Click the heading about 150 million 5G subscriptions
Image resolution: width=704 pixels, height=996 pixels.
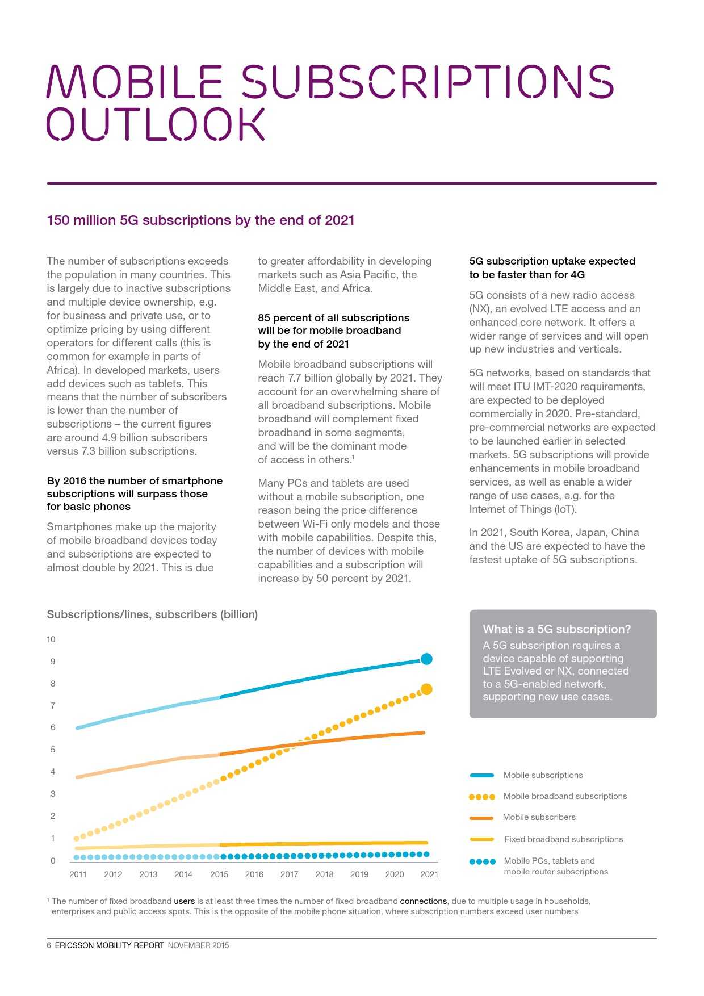(x=200, y=220)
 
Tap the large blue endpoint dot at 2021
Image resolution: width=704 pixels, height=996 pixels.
(x=426, y=659)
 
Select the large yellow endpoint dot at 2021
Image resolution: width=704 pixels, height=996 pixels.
(x=426, y=689)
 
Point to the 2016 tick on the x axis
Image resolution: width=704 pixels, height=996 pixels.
(x=254, y=874)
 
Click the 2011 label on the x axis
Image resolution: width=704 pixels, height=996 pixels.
(x=78, y=874)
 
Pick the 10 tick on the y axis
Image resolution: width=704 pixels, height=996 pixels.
(x=51, y=639)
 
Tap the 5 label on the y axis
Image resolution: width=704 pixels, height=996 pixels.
(x=53, y=750)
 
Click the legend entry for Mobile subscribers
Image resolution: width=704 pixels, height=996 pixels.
(x=539, y=817)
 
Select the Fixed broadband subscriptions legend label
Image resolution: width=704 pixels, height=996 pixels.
(x=563, y=839)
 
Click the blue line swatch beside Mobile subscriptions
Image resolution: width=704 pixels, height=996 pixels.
(x=482, y=775)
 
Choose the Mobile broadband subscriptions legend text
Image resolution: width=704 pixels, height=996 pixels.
(x=565, y=796)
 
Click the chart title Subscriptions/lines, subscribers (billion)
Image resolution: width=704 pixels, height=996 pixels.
(x=152, y=614)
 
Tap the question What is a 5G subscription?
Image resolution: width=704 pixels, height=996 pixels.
(x=556, y=629)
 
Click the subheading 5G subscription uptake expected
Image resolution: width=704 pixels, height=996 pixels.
(x=552, y=261)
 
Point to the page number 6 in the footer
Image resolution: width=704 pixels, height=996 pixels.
(x=49, y=945)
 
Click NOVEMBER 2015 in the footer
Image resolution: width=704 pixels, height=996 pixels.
(x=198, y=945)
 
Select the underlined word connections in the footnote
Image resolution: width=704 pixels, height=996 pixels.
(x=423, y=901)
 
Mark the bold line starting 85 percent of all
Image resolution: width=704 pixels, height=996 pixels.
(x=333, y=318)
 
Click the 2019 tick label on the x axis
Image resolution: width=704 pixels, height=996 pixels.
(x=359, y=874)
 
